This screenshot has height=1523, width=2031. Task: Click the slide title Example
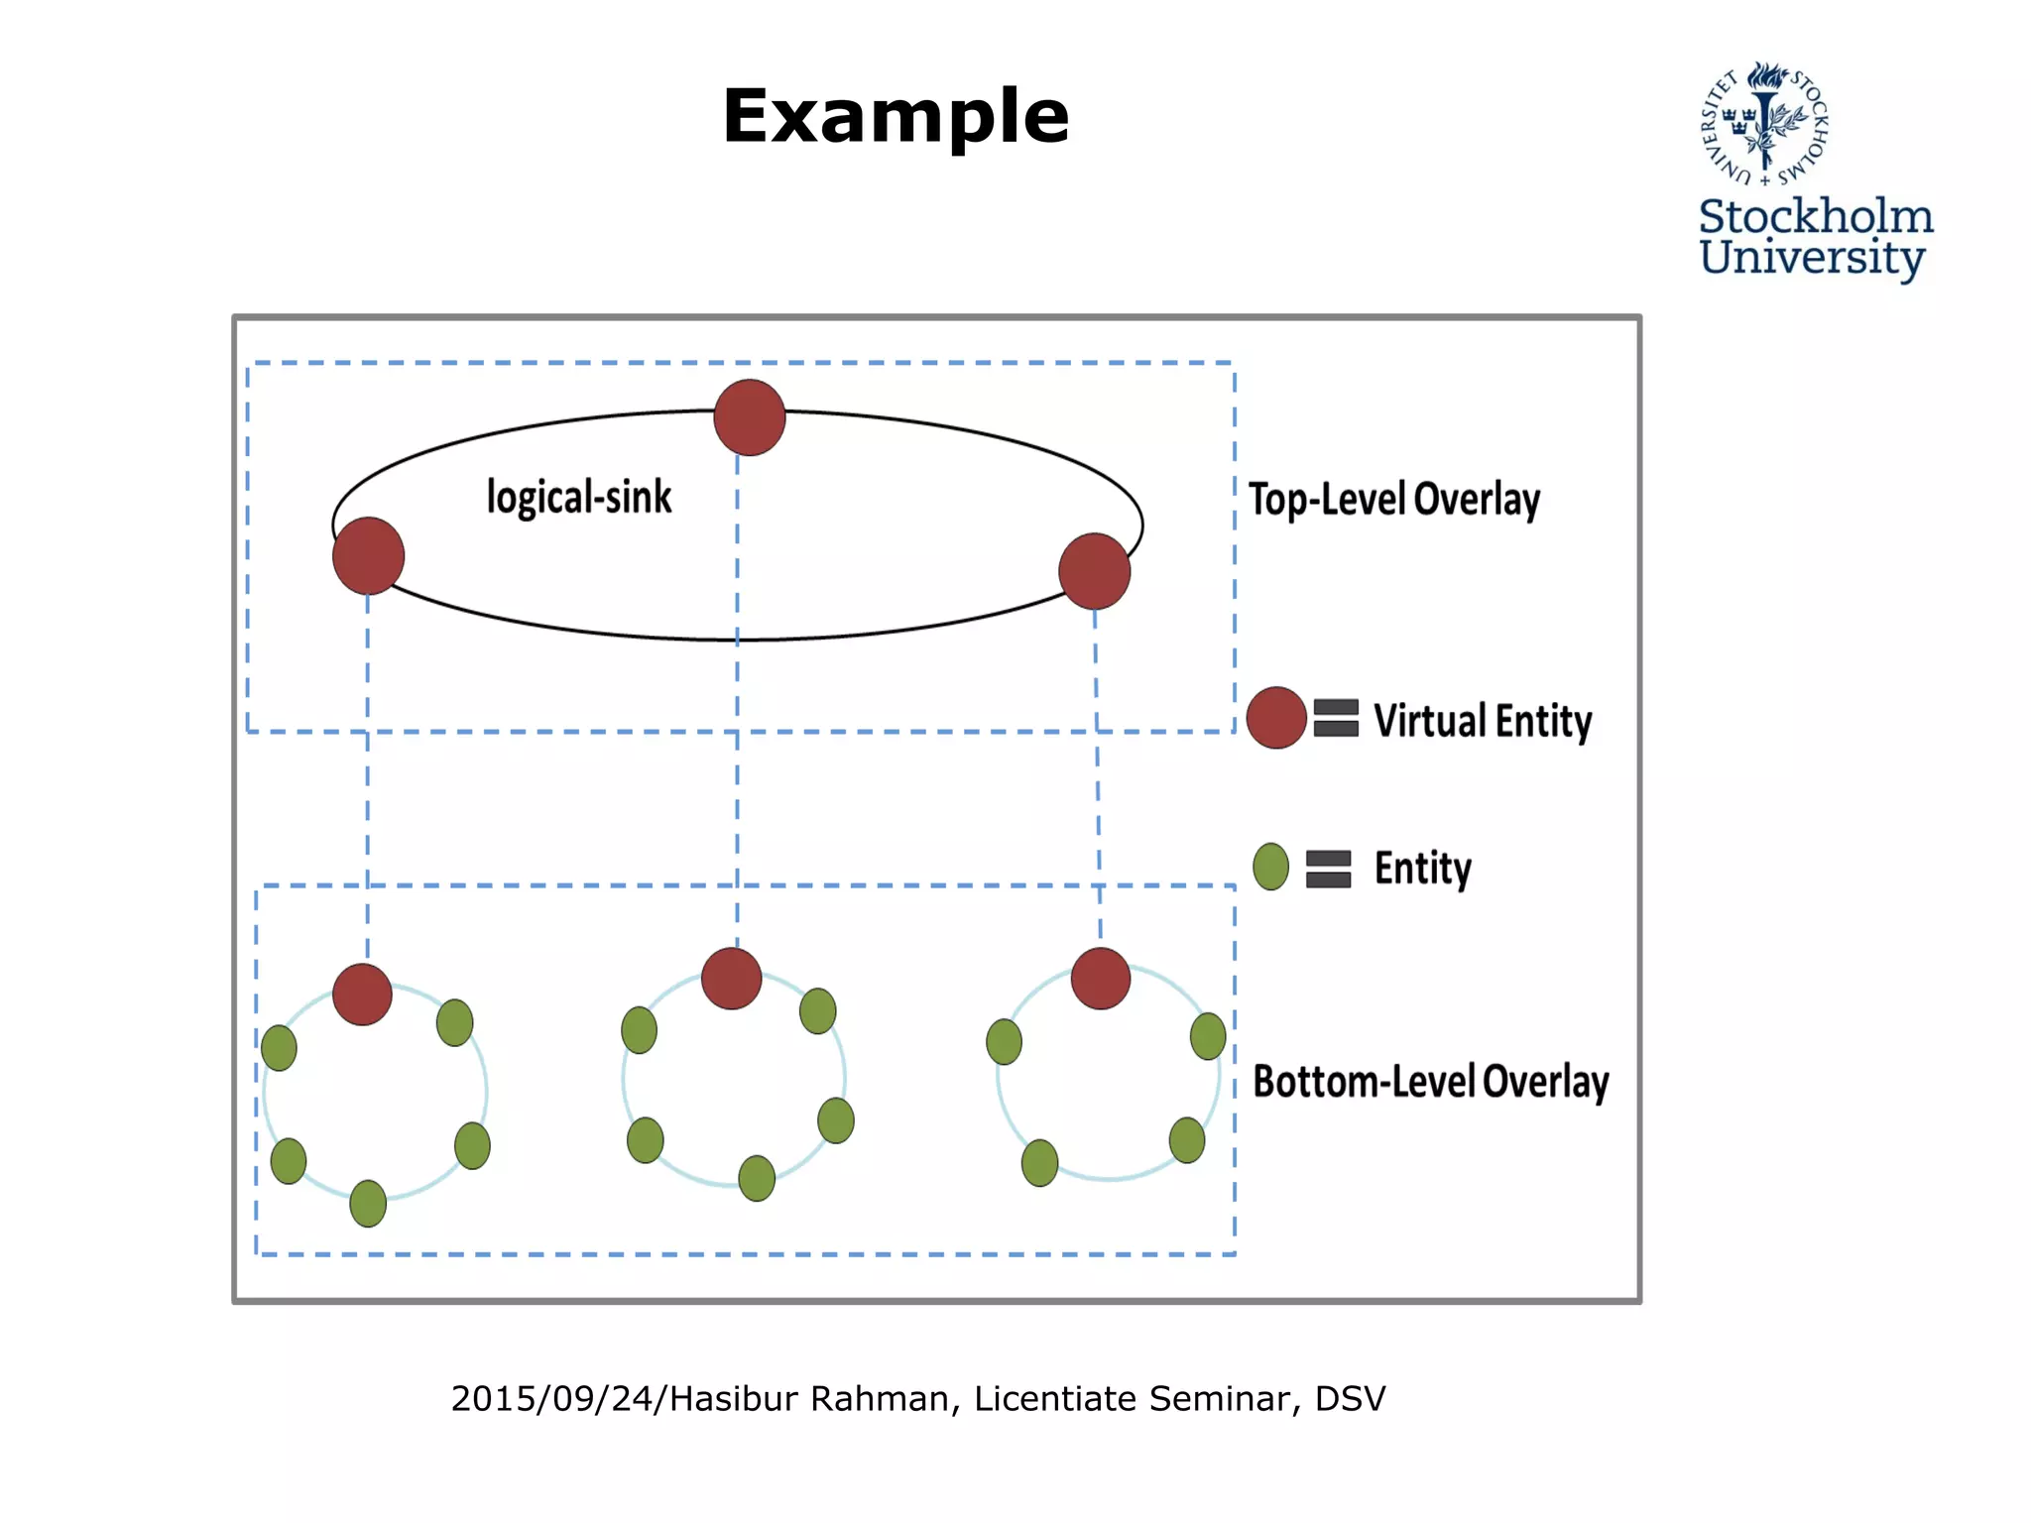pos(896,117)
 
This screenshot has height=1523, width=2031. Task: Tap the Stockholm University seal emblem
pos(1765,123)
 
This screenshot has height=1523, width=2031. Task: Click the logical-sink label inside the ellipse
pos(579,497)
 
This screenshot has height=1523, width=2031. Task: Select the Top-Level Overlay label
pos(1393,499)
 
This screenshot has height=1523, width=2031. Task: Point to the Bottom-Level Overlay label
pos(1430,1081)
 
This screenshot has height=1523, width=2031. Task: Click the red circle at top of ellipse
pos(750,417)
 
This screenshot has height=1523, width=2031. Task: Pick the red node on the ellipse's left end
pos(368,556)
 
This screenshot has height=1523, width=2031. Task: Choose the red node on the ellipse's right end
pos(1095,571)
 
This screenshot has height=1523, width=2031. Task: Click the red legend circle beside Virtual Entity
pos(1276,717)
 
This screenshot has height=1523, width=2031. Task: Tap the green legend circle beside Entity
pos(1270,867)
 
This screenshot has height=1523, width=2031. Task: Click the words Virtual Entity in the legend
pos(1482,721)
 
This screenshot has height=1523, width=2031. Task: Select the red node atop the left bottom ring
pos(362,994)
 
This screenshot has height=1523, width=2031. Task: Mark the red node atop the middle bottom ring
pos(731,979)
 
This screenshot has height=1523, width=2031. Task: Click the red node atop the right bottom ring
pos(1101,979)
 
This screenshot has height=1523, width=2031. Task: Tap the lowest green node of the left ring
pos(368,1203)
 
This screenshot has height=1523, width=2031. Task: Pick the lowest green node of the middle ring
pos(757,1178)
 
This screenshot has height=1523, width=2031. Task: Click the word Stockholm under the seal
pos(1816,216)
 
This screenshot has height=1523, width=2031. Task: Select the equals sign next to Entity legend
pos(1329,869)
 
